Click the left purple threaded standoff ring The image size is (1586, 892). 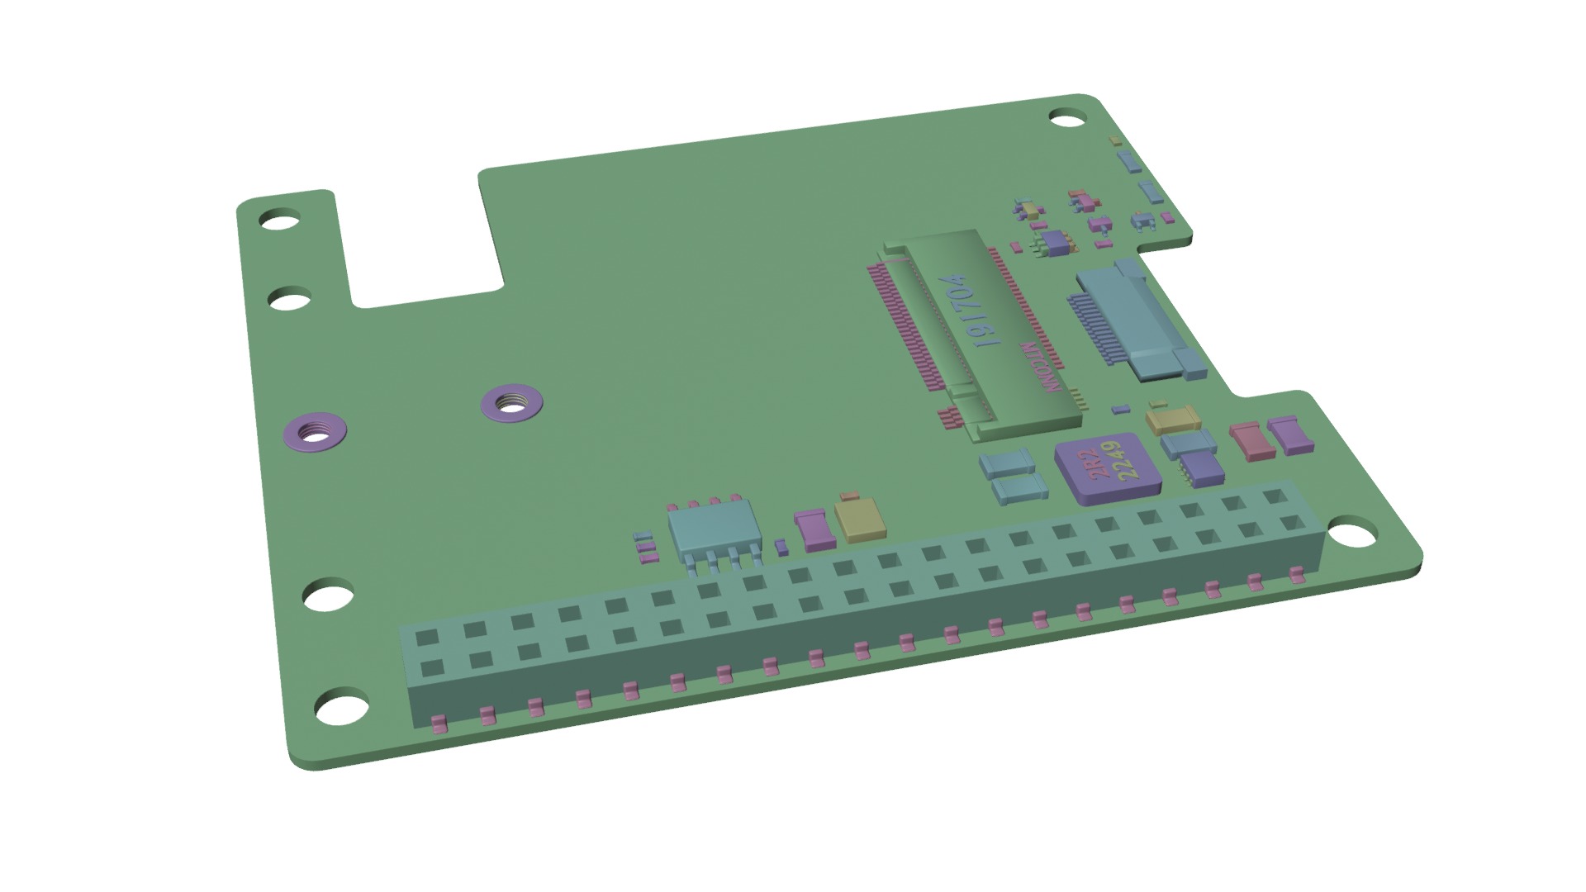pyautogui.click(x=315, y=430)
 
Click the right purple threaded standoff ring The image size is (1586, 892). pyautogui.click(x=510, y=403)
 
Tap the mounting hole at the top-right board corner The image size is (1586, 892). pyautogui.click(x=1067, y=117)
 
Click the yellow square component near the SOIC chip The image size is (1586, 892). pyautogui.click(x=859, y=520)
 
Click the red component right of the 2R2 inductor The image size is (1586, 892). pyautogui.click(x=1251, y=441)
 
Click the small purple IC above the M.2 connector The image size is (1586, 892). pyautogui.click(x=1055, y=242)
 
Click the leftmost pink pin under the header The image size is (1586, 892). pyautogui.click(x=439, y=724)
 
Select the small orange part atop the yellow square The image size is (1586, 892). pyautogui.click(x=848, y=497)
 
